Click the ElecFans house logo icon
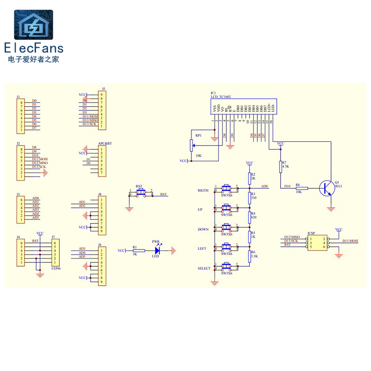coord(33,26)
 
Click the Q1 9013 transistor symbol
coord(327,188)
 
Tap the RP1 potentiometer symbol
coord(191,145)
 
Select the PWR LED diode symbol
coord(156,250)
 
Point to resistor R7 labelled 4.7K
coord(280,166)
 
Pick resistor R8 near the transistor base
coord(301,188)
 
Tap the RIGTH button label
coord(203,191)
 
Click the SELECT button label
coord(204,269)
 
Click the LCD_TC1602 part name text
coord(221,96)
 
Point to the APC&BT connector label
coord(105,144)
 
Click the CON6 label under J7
coord(56,268)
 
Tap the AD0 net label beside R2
coord(264,186)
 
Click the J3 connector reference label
coord(18,194)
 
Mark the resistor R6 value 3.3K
coord(254,256)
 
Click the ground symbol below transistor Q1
coord(331,209)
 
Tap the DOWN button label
coord(203,230)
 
